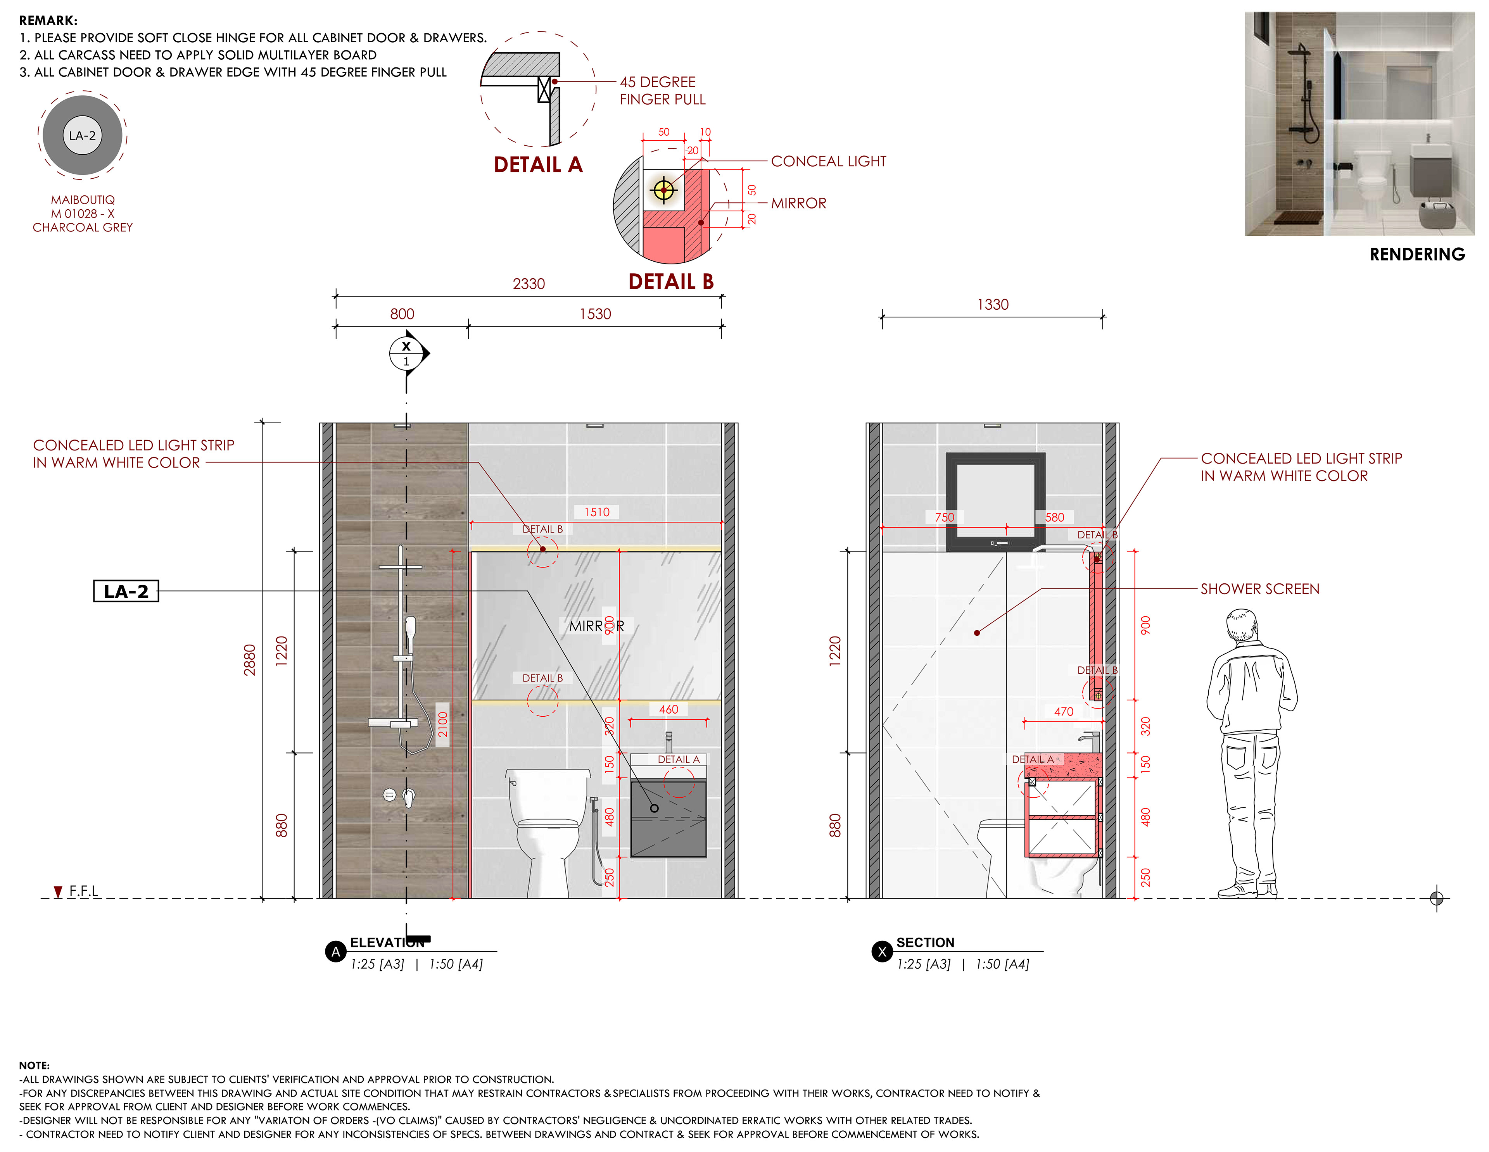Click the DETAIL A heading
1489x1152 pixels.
point(538,165)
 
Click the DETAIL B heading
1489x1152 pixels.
point(671,281)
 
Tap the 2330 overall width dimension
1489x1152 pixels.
point(529,284)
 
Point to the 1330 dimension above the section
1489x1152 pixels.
point(993,305)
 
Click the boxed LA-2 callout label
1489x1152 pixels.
point(126,591)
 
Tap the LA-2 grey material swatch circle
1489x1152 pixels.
point(83,136)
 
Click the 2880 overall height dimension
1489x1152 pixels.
point(250,660)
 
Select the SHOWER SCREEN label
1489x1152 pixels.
point(1260,589)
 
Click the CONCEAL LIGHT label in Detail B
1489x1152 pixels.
point(828,162)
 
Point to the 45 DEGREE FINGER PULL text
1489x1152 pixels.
point(662,91)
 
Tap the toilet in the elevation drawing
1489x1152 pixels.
point(548,831)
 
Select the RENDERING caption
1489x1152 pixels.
point(1417,254)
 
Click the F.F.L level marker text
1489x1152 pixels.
point(83,891)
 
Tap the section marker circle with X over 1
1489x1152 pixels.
point(406,354)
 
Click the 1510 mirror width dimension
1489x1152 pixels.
point(596,512)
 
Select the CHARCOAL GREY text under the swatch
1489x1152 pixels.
point(83,228)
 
